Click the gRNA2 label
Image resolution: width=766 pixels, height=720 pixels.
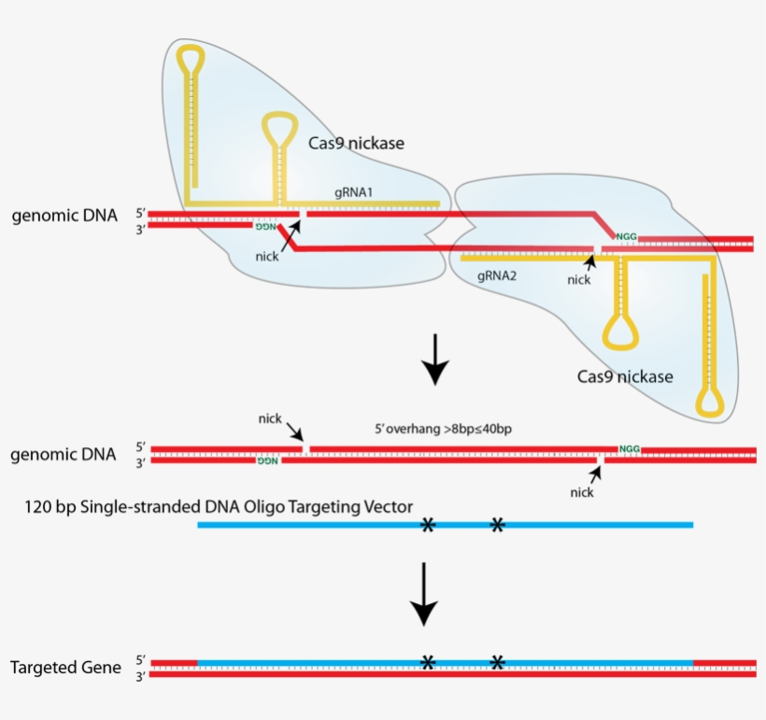[x=497, y=277]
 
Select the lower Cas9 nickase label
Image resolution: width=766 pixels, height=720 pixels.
[x=625, y=377]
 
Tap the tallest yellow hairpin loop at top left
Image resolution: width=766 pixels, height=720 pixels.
[x=192, y=58]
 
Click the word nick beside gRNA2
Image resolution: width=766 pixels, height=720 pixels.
[x=579, y=279]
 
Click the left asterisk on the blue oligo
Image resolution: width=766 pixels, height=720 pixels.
[x=428, y=526]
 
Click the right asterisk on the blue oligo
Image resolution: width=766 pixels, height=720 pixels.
[x=498, y=526]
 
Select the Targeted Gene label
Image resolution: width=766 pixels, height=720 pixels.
[x=65, y=668]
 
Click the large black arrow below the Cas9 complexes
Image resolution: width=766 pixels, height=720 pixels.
[x=435, y=365]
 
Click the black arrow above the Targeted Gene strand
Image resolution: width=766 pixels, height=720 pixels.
[x=424, y=594]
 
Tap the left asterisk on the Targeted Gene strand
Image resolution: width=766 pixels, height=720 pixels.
[x=428, y=662]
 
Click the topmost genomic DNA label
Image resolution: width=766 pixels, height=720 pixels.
[x=64, y=216]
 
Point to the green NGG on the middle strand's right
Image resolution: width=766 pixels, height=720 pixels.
[x=630, y=449]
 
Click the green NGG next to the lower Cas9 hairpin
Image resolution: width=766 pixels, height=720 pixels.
[x=626, y=237]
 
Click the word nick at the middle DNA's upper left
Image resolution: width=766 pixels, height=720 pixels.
[x=270, y=418]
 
